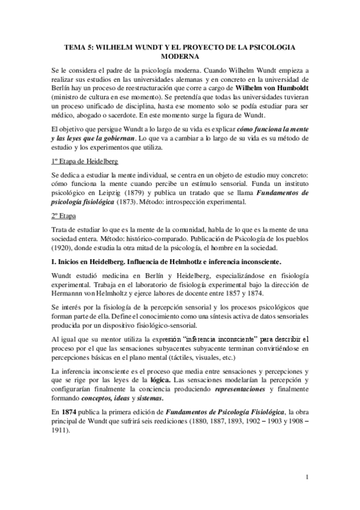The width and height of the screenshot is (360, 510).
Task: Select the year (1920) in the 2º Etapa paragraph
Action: coord(63,247)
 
